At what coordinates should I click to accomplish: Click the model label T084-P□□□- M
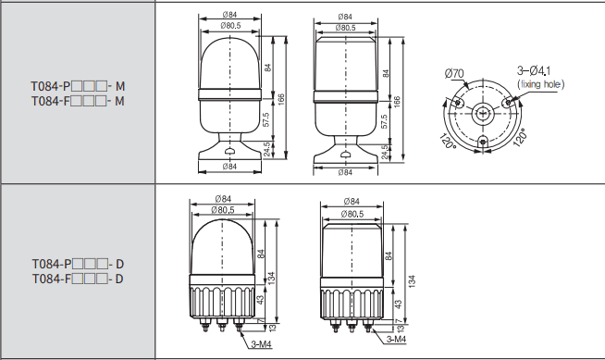point(78,86)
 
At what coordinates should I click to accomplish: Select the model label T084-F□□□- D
point(78,279)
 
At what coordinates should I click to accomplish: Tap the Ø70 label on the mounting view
point(454,73)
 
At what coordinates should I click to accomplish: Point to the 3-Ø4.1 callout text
point(534,70)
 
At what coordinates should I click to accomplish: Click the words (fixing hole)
point(540,84)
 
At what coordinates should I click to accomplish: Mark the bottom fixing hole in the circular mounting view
point(482,142)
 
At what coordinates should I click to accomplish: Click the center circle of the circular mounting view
point(482,114)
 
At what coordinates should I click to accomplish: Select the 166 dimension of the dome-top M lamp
point(281,100)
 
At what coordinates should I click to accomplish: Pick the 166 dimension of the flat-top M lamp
point(397,101)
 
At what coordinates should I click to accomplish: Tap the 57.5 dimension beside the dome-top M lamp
point(265,119)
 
